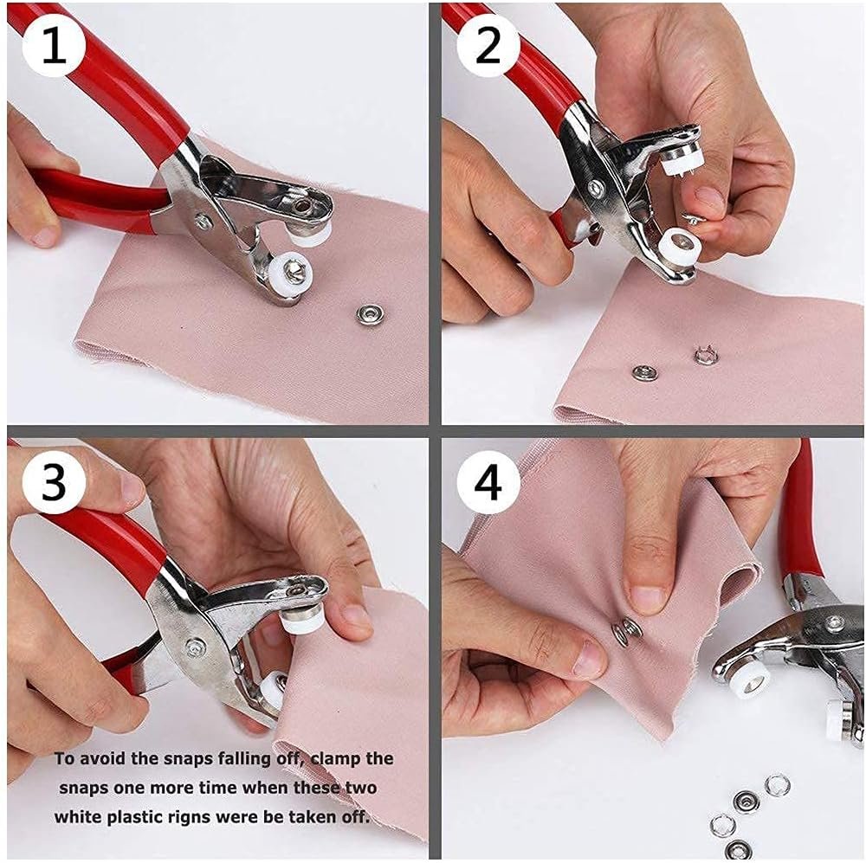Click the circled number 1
tap(55, 48)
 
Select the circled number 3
tap(54, 484)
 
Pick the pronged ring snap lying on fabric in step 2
tap(705, 355)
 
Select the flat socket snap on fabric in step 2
tap(643, 372)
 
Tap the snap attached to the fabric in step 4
tap(627, 633)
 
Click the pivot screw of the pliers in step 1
tap(202, 221)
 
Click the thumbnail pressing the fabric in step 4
tap(649, 597)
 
